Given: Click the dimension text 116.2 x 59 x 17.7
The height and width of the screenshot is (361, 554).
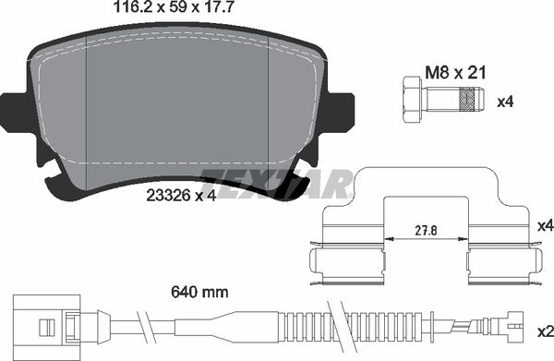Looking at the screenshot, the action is (x=174, y=7).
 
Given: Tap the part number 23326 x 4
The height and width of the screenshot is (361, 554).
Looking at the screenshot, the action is (x=181, y=196).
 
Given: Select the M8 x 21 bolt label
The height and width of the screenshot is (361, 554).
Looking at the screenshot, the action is (x=455, y=73).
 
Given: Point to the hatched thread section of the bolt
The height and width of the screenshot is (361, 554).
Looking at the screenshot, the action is (x=467, y=100).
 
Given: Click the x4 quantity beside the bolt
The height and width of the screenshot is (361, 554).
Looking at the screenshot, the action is (x=505, y=102).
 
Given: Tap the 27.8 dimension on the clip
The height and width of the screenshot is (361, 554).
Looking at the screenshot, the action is (x=426, y=231).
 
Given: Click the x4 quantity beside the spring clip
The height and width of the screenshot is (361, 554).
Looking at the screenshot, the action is (x=546, y=225).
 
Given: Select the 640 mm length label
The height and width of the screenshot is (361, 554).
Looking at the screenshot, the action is (x=199, y=292).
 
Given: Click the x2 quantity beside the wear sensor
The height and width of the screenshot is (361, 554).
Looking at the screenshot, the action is (x=546, y=331).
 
